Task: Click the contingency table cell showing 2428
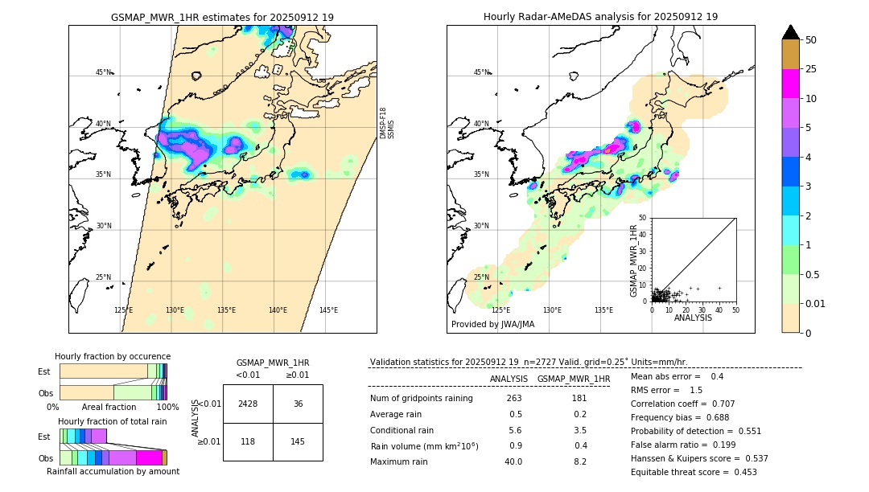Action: click(248, 404)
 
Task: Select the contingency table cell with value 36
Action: click(298, 404)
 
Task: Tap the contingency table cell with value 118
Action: click(248, 441)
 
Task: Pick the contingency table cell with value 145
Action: click(298, 441)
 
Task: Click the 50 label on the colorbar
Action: click(811, 40)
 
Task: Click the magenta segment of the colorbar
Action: click(790, 84)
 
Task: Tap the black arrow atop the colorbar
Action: click(790, 32)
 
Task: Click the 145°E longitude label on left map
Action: click(328, 310)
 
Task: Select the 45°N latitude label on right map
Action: click(481, 72)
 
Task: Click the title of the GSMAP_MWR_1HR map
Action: click(222, 17)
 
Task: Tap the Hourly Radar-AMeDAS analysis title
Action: click(600, 17)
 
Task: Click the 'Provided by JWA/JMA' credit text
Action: click(492, 324)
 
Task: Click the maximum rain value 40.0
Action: click(513, 461)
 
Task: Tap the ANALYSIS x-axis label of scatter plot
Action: click(694, 318)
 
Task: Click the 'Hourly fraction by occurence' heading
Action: click(113, 356)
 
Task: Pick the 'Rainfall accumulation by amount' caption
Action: click(113, 471)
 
